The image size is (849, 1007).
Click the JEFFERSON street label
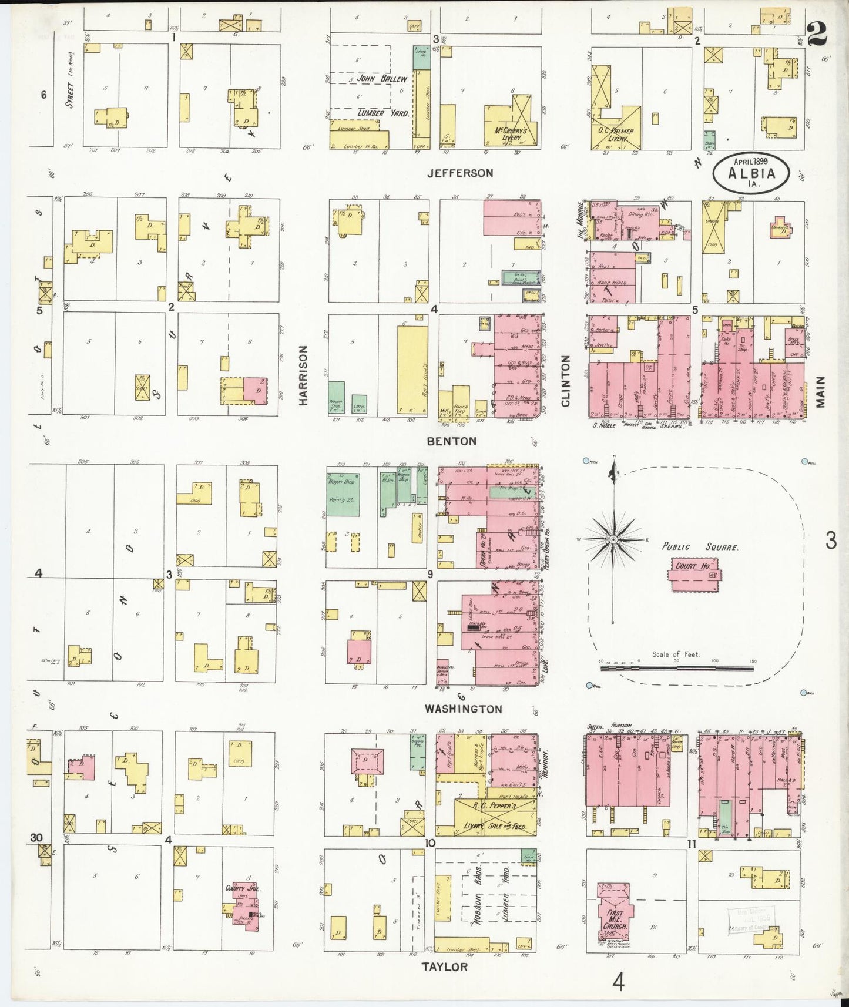point(460,173)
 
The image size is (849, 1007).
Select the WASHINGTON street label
point(464,709)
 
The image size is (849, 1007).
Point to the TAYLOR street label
point(445,966)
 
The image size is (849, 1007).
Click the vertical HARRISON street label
point(303,375)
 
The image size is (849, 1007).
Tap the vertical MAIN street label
point(820,392)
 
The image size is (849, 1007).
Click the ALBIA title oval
point(751,173)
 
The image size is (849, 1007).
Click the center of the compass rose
point(613,539)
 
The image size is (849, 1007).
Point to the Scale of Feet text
point(675,654)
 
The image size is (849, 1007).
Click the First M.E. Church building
point(615,914)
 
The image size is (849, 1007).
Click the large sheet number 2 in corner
point(817,34)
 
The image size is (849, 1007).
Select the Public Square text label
point(700,546)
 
